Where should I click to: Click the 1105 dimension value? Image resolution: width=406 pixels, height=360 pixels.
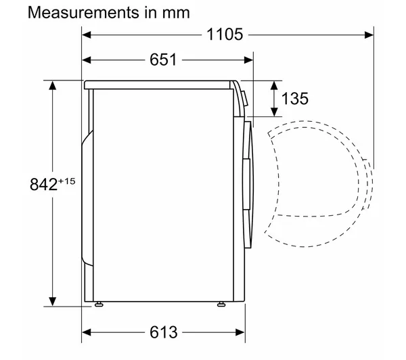pos(225,35)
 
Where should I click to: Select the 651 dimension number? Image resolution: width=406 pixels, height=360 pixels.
pos(163,60)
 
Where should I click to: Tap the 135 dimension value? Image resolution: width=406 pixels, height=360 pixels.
pos(295,99)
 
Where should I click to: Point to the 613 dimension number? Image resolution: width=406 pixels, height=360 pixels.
pos(163,332)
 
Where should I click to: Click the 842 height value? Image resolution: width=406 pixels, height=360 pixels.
pos(43,185)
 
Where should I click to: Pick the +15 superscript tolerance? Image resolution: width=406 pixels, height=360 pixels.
pos(67,181)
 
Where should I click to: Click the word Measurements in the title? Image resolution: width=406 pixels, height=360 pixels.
pos(83,12)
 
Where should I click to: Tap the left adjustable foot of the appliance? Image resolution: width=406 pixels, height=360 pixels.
pos(99,305)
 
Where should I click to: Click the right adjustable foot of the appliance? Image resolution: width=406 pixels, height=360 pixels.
pos(221,305)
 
